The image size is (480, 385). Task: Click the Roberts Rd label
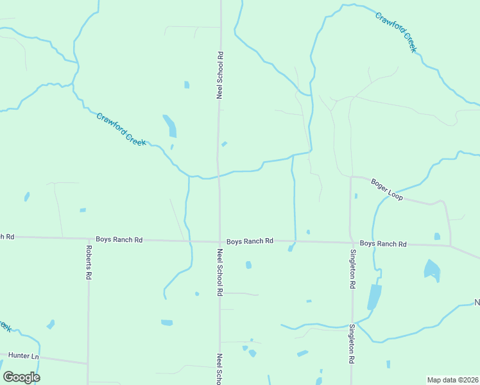(89, 261)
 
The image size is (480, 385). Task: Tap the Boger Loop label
(387, 191)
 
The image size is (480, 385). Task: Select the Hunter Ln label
(23, 355)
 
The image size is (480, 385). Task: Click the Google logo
(21, 377)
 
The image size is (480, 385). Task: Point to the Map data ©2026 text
(452, 380)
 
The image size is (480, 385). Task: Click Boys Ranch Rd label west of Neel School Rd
(119, 239)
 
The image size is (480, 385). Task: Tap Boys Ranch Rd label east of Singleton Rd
(383, 244)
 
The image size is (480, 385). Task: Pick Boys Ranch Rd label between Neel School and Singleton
(250, 241)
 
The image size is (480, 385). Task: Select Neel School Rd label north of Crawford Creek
(219, 74)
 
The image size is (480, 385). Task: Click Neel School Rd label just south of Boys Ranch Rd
(219, 272)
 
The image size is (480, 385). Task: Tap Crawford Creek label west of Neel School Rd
(121, 128)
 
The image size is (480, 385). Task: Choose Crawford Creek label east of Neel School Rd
(396, 31)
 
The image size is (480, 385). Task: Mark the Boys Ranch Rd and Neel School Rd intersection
(219, 241)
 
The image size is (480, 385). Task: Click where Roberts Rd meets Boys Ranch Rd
(89, 239)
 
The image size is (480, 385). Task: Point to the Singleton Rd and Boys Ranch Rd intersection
(351, 243)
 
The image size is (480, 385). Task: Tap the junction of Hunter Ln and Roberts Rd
(88, 363)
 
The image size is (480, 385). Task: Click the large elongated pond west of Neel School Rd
(169, 126)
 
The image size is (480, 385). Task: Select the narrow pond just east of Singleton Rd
(373, 296)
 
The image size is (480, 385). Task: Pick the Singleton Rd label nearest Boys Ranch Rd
(352, 269)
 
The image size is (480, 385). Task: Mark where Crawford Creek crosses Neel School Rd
(219, 175)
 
